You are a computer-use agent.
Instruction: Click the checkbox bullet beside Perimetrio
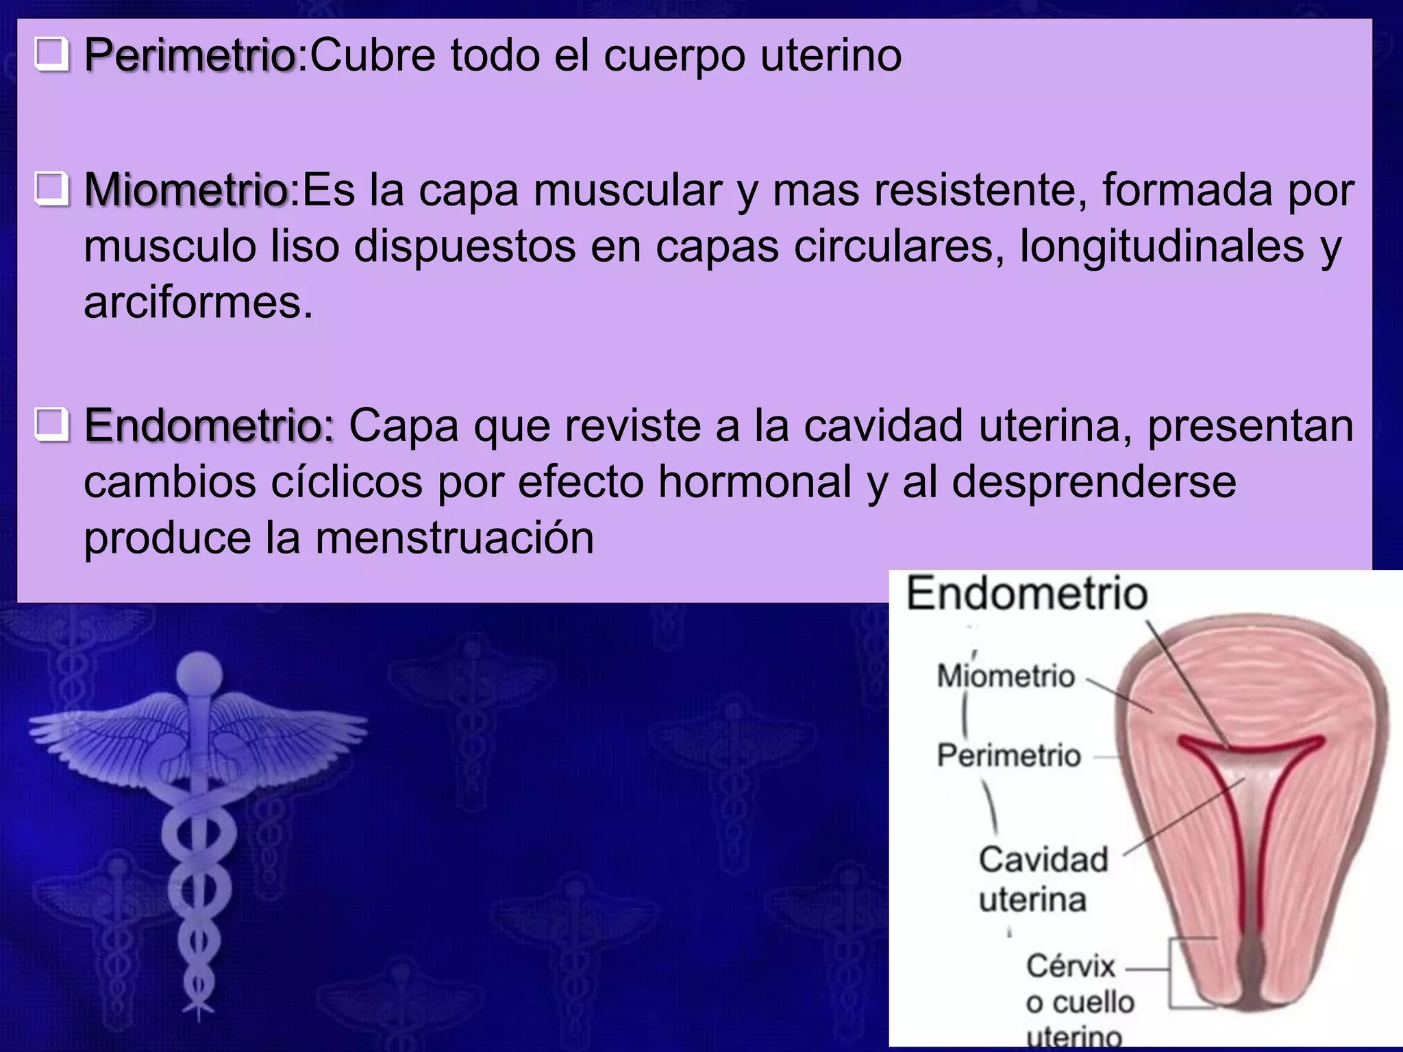[52, 55]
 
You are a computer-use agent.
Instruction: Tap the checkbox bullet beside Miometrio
[52, 189]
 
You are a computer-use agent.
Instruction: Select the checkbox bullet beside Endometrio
[52, 425]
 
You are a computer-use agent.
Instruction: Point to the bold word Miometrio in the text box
[186, 190]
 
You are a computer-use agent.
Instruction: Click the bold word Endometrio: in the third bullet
[209, 425]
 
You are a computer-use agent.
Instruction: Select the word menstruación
[454, 538]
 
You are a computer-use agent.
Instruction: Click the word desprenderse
[1094, 481]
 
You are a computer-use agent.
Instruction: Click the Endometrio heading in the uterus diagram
[1026, 593]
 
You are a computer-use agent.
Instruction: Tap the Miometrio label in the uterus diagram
[1006, 676]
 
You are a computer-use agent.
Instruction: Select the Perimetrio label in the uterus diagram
[1008, 755]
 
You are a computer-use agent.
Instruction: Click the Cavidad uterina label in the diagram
[1042, 879]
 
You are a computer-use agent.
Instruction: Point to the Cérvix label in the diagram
[1070, 966]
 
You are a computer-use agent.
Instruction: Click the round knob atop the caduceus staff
[199, 674]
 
